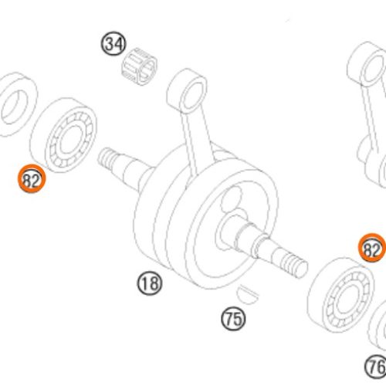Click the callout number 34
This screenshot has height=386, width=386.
(x=113, y=43)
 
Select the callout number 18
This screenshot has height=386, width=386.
(x=150, y=283)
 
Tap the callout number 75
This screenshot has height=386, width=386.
(x=233, y=319)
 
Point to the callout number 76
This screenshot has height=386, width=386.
(x=376, y=367)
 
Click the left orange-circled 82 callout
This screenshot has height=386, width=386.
(x=32, y=178)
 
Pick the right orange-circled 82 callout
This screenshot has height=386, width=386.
(x=372, y=248)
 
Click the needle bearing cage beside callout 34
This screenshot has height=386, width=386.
(x=139, y=66)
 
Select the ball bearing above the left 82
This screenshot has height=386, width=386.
(x=64, y=134)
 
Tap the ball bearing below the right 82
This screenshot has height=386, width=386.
(x=341, y=294)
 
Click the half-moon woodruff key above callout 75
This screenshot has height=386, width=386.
(x=247, y=294)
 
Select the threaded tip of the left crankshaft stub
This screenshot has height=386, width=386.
(x=107, y=157)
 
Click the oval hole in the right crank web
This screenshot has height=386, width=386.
(x=231, y=199)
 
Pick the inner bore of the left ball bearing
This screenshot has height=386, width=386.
(x=71, y=140)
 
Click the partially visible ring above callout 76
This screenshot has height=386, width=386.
(x=378, y=327)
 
